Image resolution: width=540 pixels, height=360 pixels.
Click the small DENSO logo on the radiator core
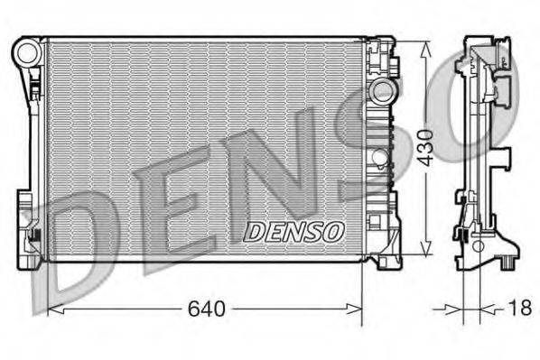click(x=294, y=231)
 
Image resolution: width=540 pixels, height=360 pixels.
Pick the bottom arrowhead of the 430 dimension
click(x=426, y=254)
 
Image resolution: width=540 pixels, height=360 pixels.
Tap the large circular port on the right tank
click(x=383, y=89)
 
